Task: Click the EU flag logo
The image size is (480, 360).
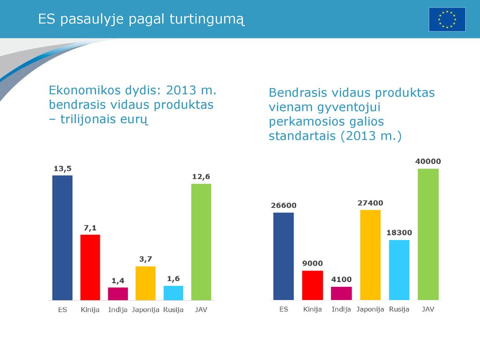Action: click(447, 20)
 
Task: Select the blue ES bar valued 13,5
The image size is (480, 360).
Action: click(62, 238)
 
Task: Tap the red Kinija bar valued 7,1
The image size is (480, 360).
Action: click(90, 267)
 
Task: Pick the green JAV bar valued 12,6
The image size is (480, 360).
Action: click(201, 242)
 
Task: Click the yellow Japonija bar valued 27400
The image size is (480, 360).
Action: click(370, 255)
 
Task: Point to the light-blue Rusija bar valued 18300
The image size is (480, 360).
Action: click(399, 270)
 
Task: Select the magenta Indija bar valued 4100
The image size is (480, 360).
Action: click(341, 293)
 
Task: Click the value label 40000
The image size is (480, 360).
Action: click(428, 161)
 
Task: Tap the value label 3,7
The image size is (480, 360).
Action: click(145, 259)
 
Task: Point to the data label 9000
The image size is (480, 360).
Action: click(313, 263)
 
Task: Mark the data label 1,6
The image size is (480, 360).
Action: click(173, 279)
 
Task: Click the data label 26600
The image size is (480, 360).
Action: click(284, 205)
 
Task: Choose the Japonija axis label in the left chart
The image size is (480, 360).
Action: click(145, 310)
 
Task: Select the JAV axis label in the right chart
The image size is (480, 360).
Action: click(428, 309)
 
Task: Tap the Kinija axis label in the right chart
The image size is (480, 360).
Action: click(313, 309)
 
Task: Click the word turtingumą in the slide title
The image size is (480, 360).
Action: click(207, 19)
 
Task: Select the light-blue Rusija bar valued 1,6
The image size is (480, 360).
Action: click(173, 293)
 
